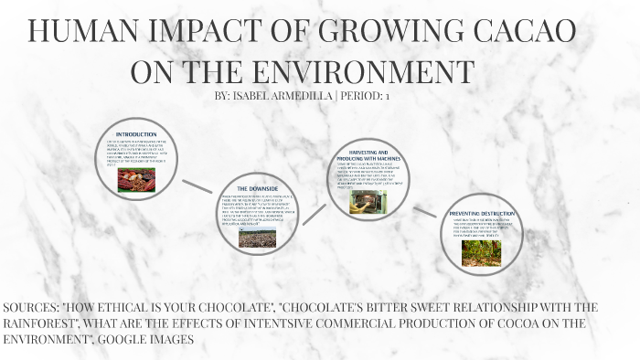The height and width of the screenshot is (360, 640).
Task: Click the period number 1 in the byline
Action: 388,95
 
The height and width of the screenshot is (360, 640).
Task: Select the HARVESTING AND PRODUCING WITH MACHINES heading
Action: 364,154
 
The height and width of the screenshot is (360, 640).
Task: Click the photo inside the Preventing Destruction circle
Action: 481,252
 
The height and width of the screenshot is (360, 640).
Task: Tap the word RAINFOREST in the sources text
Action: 47,323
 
